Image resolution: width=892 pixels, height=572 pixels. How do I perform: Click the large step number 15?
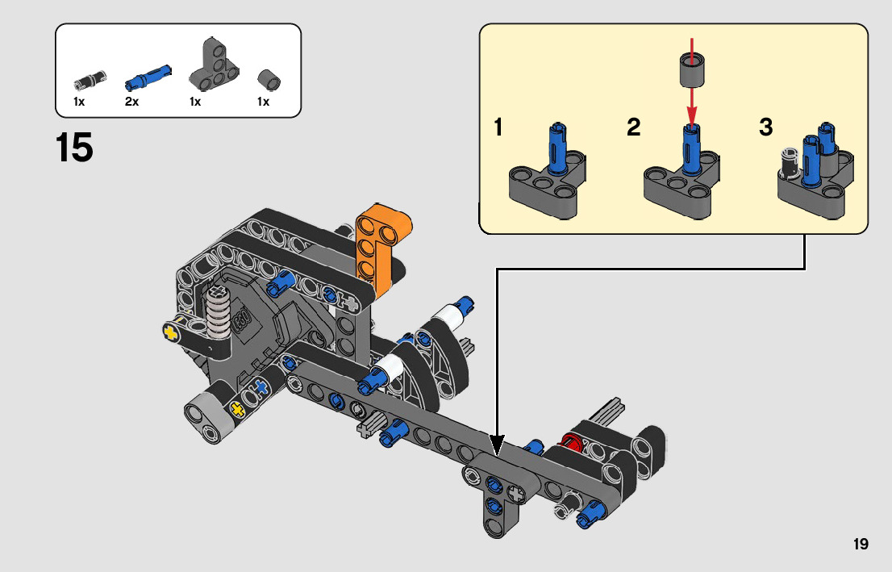(74, 148)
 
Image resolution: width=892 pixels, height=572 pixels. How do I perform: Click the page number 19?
(861, 544)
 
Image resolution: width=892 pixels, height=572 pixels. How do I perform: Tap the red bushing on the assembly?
(572, 441)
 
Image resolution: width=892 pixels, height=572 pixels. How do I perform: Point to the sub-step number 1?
(498, 127)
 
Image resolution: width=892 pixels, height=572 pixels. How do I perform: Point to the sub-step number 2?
(634, 127)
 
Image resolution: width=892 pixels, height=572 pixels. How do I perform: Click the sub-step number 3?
(765, 127)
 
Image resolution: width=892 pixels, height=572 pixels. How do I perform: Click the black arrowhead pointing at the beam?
(497, 445)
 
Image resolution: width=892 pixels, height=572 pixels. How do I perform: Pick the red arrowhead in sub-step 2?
(691, 116)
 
